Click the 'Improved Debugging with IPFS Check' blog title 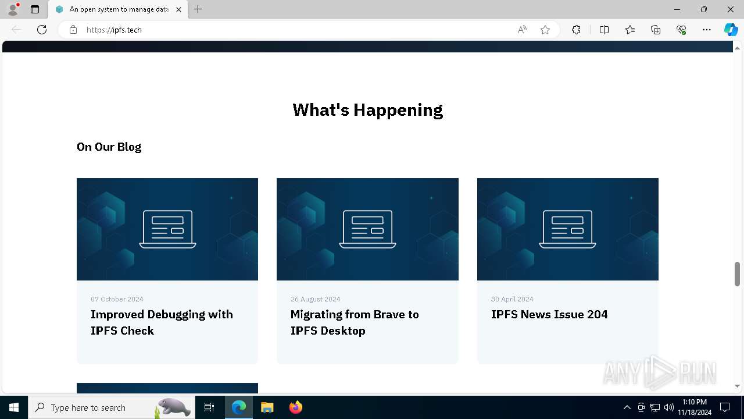tap(162, 322)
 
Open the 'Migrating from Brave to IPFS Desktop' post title tap(355, 322)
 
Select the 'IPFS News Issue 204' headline tap(549, 314)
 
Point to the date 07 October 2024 tap(117, 299)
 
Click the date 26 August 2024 tap(316, 299)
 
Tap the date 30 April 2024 tap(512, 299)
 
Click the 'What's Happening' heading tap(367, 110)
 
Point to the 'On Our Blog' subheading tap(109, 147)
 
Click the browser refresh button tap(42, 30)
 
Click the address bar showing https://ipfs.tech tap(291, 30)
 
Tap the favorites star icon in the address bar tap(545, 30)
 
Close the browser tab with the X tap(178, 9)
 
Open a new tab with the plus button tap(198, 9)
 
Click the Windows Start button tap(14, 407)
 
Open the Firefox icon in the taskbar tap(296, 407)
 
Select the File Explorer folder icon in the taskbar tap(267, 407)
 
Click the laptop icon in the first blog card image tap(167, 229)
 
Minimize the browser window tap(677, 9)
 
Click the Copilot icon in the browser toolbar tap(731, 30)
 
